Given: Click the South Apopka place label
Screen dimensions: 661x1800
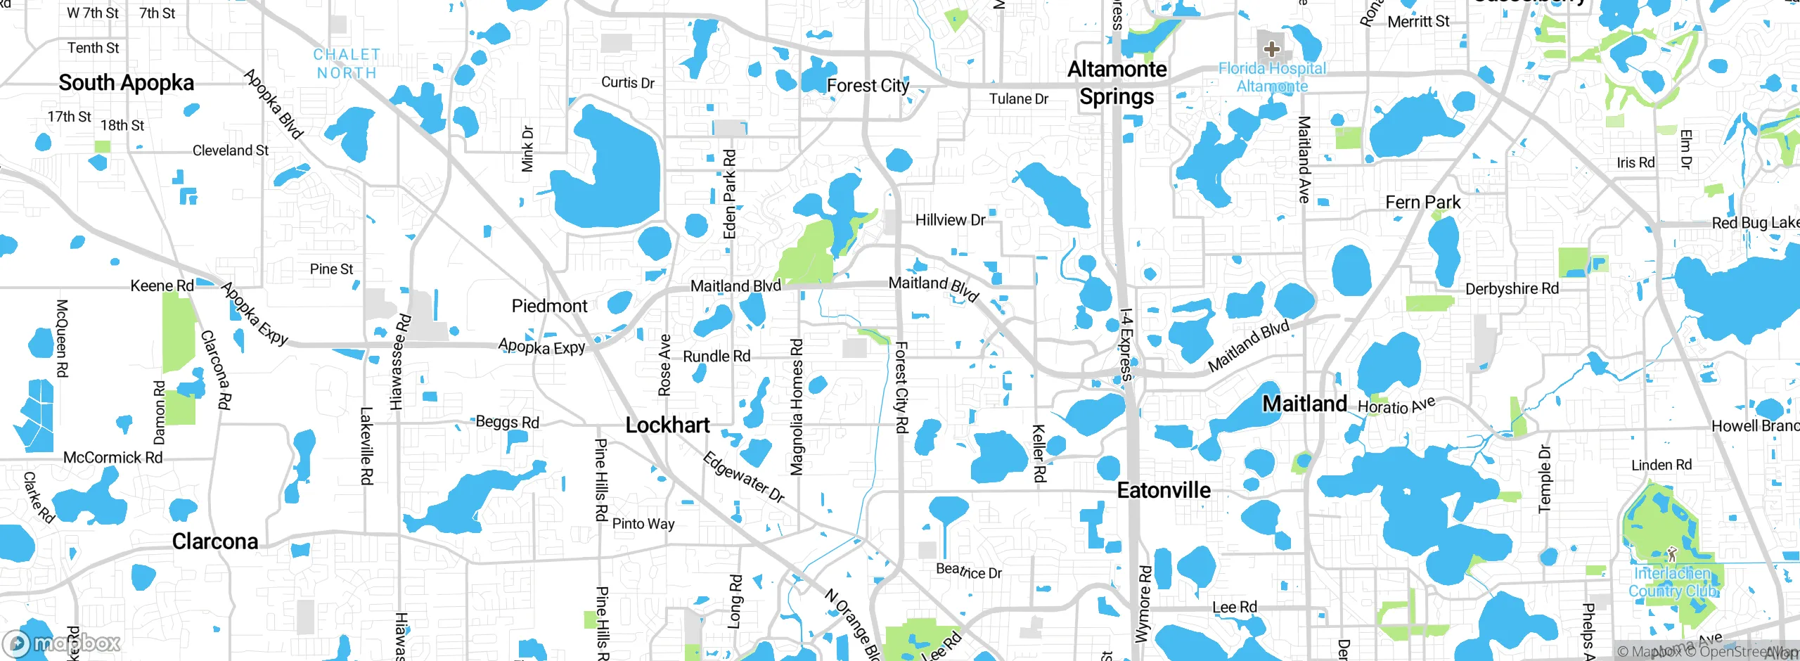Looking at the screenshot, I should click(x=126, y=83).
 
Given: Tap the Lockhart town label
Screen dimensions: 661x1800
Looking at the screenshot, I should click(x=667, y=425).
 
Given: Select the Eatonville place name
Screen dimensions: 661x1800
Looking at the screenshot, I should click(x=1164, y=490).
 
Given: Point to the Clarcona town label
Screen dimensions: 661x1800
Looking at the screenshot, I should click(x=215, y=541).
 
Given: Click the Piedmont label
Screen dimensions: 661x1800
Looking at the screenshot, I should click(x=549, y=306).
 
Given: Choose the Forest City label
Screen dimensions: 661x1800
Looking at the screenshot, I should click(x=868, y=86).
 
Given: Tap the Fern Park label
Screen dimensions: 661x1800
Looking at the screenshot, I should click(x=1422, y=203).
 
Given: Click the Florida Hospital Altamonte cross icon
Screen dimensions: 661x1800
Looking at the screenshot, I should click(x=1271, y=49).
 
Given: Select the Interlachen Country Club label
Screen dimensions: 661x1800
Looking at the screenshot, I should click(x=1673, y=582).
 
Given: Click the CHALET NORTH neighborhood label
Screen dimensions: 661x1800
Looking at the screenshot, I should click(x=347, y=63).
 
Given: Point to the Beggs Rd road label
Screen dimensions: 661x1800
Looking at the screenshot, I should click(x=507, y=422).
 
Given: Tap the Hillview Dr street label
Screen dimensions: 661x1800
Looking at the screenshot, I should click(x=950, y=220).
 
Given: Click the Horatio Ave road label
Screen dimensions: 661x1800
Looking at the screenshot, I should click(x=1396, y=406).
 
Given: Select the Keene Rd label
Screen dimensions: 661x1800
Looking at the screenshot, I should click(x=162, y=285).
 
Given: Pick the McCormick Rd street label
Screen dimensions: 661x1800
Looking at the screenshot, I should click(x=112, y=458).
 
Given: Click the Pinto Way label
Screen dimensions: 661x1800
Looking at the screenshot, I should click(x=643, y=524).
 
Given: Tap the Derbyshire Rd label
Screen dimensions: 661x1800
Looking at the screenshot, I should click(x=1512, y=289).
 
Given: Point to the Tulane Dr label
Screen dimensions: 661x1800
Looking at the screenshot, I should click(x=1018, y=99).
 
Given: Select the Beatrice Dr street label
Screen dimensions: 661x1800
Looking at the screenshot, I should click(x=968, y=571).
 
